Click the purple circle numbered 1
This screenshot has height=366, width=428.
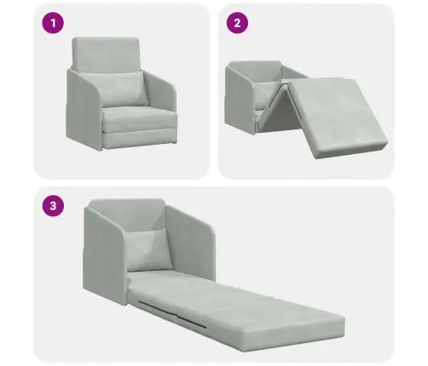[53, 23]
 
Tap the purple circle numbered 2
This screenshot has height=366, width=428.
[237, 23]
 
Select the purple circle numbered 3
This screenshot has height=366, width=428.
[53, 205]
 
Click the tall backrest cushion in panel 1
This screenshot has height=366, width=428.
[106, 54]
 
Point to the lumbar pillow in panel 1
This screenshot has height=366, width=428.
[113, 89]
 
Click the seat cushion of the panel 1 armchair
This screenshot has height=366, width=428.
[139, 118]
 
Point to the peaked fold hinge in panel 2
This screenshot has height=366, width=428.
[283, 84]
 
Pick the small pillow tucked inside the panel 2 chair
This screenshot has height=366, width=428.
[265, 95]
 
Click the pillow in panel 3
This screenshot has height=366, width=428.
[149, 250]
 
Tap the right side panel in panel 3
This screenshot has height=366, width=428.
[191, 241]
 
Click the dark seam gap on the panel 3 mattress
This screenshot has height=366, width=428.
[173, 313]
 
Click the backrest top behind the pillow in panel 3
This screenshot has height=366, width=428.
[127, 213]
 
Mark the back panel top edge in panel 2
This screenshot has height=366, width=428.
[254, 63]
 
